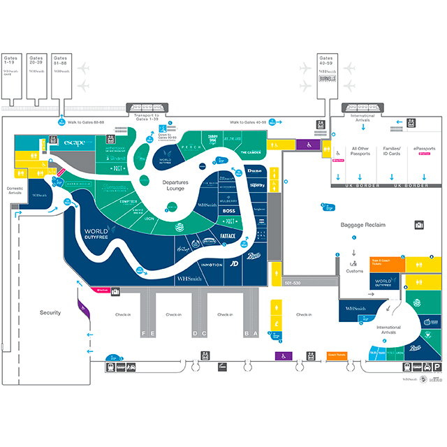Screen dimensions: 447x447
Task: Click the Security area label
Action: click(50, 313)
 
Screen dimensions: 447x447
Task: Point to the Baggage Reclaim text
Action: click(363, 225)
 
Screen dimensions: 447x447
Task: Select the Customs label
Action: click(355, 271)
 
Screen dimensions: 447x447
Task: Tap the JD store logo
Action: click(235, 264)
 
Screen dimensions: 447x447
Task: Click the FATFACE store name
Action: click(228, 237)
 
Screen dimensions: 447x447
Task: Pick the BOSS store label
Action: click(229, 210)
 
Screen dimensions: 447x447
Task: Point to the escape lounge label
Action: click(74, 142)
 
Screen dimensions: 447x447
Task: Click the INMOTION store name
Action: click(211, 265)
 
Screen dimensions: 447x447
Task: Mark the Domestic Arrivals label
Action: click(15, 189)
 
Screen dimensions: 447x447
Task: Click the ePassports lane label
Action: click(424, 149)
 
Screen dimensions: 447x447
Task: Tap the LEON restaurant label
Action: click(149, 219)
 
